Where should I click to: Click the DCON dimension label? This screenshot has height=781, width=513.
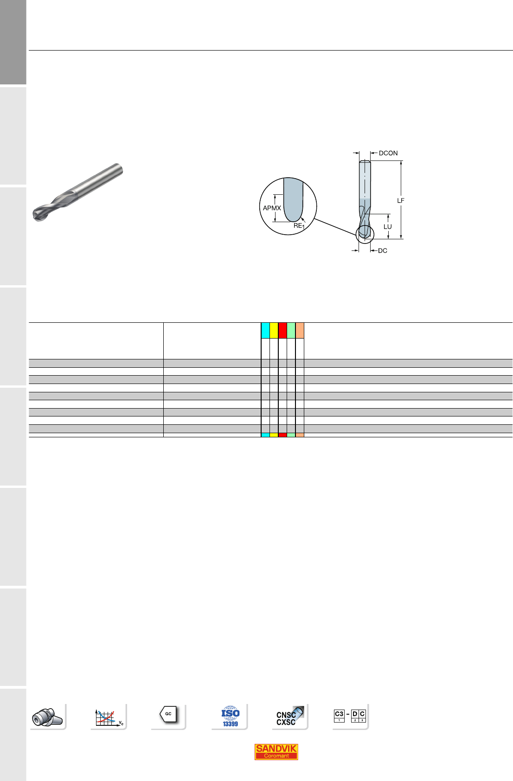click(388, 153)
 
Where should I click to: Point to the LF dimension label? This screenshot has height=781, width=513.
click(401, 200)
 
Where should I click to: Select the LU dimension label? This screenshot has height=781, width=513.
click(387, 227)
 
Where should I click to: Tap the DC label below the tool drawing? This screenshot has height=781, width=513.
click(383, 251)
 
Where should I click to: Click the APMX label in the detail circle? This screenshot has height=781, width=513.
click(272, 208)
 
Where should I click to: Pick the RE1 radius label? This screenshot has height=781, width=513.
click(299, 226)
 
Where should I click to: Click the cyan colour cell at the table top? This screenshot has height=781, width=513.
click(265, 330)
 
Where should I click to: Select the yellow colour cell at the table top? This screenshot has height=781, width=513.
click(274, 330)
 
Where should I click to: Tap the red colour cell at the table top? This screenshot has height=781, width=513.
click(282, 330)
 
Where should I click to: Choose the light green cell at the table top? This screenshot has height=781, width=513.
click(291, 330)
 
